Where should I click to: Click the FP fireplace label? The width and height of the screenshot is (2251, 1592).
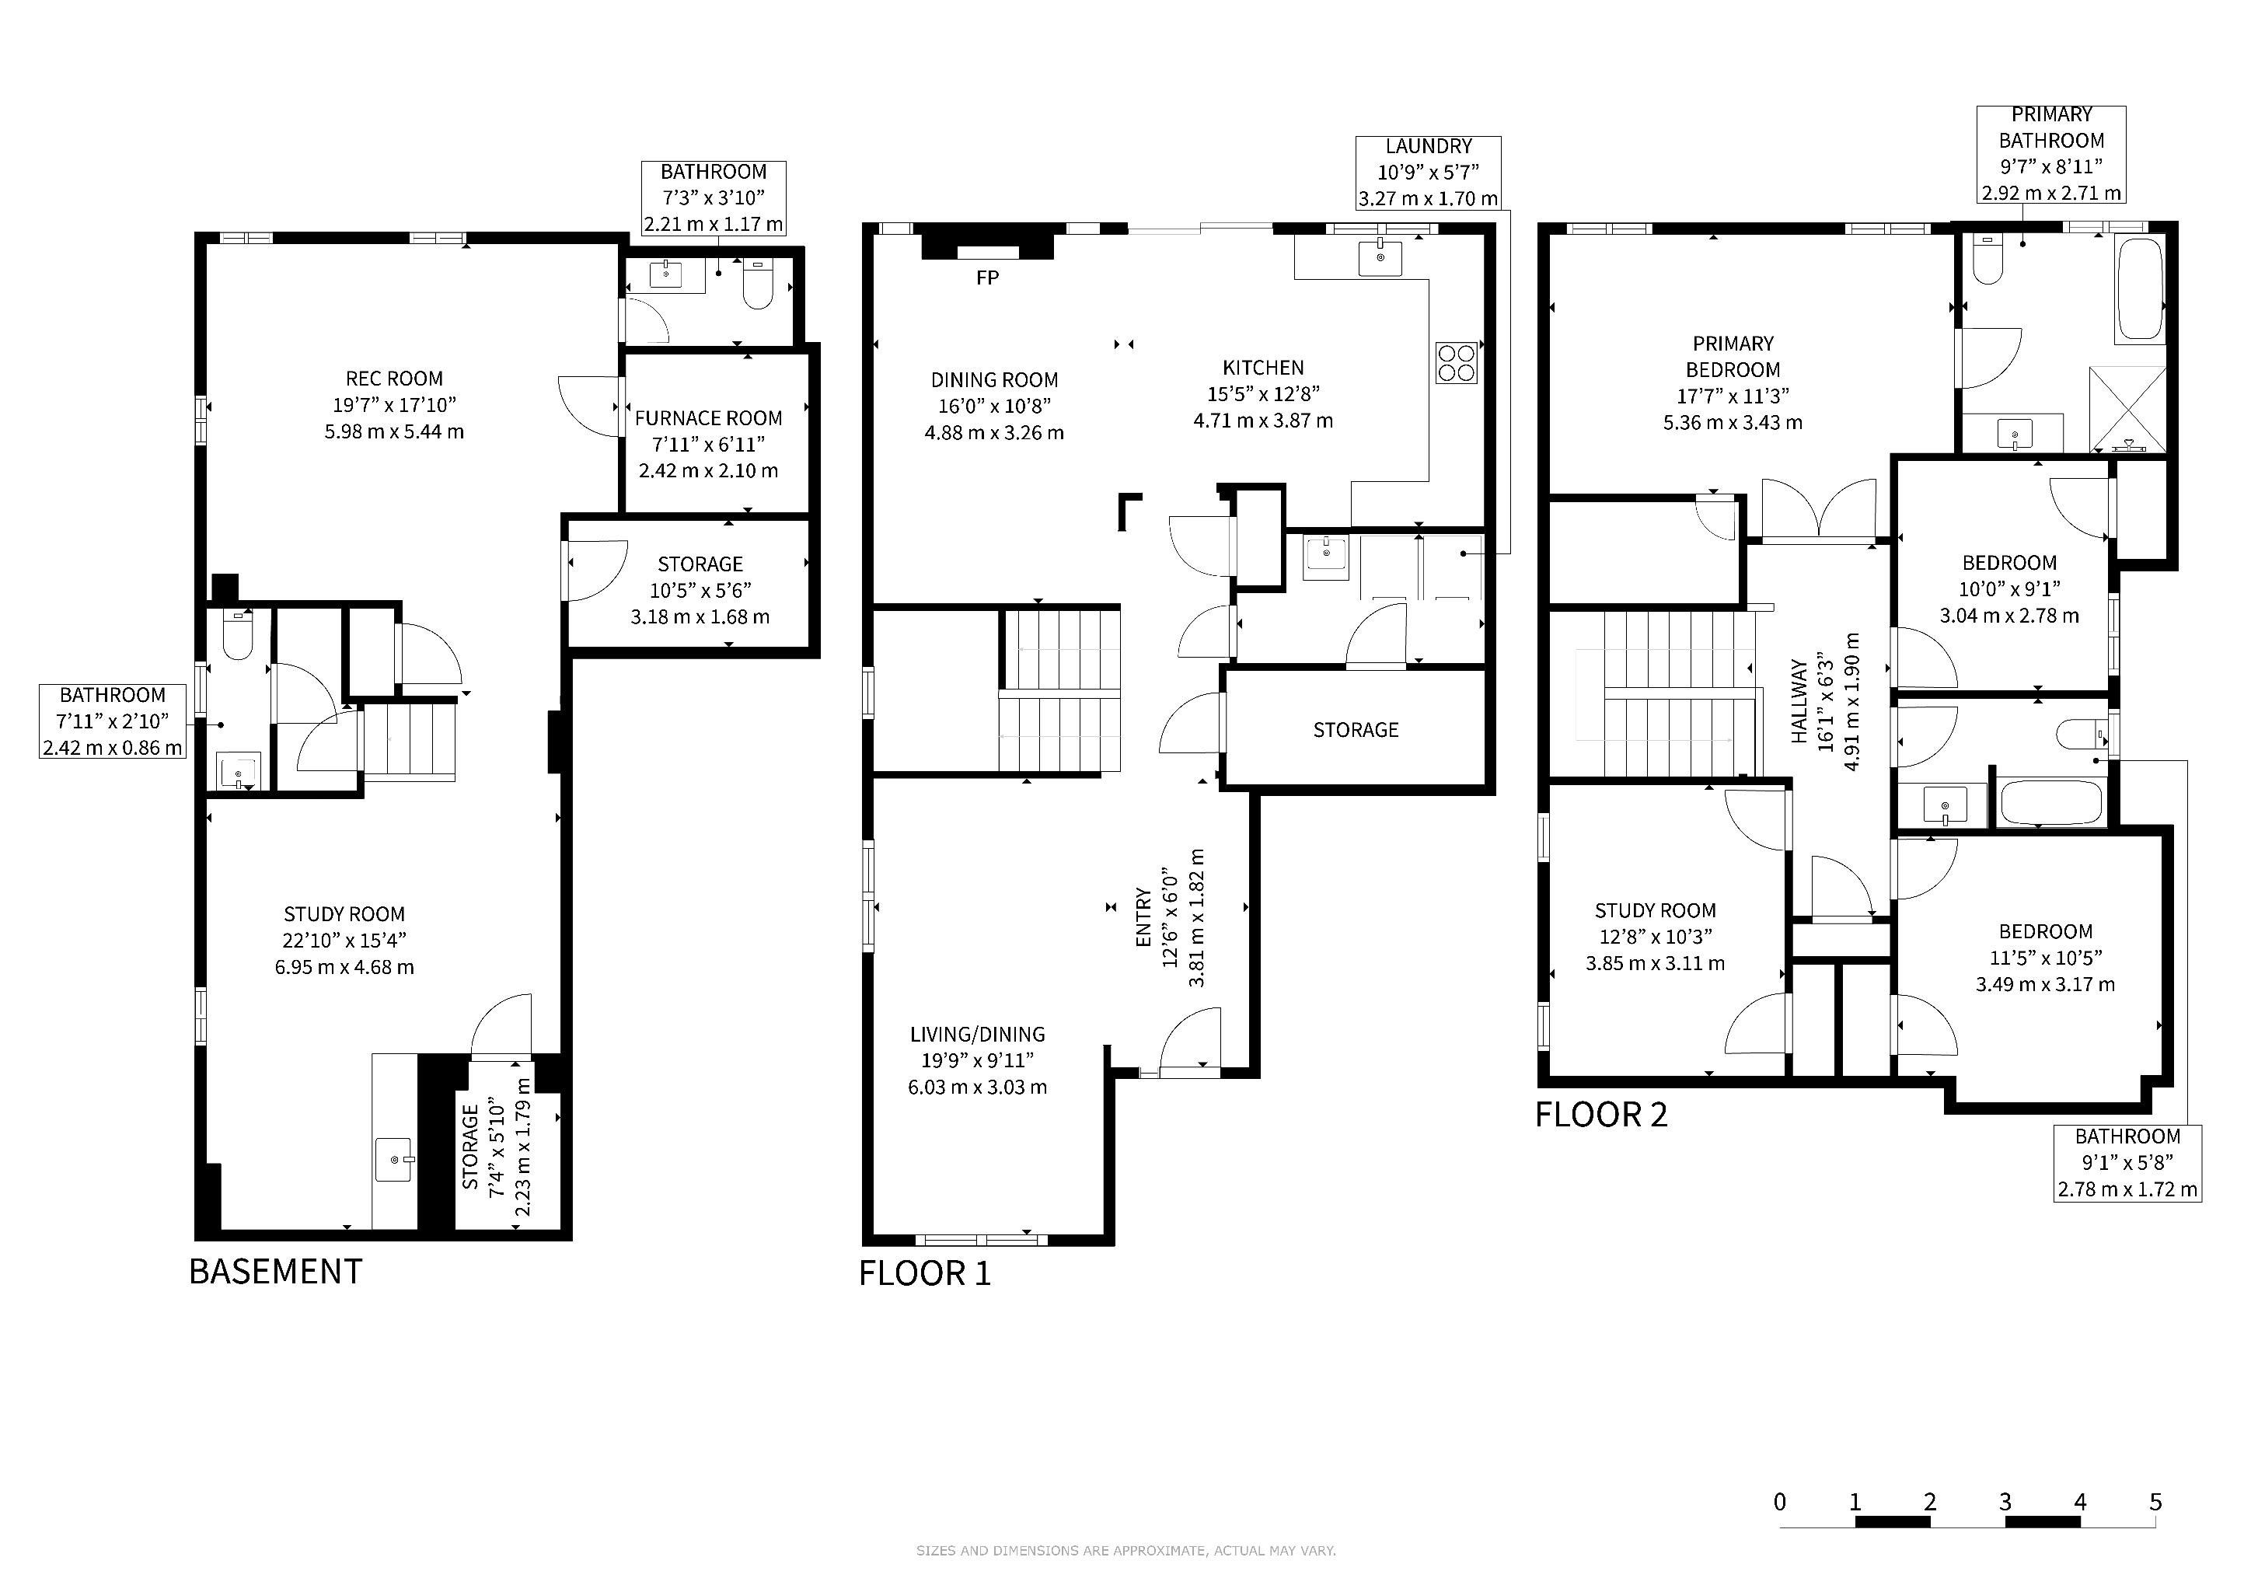[x=987, y=278]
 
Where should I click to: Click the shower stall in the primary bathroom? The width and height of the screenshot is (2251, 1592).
[x=2127, y=409]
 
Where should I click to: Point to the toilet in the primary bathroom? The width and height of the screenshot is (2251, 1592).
[x=1988, y=260]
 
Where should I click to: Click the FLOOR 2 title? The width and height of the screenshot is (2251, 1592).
[x=1601, y=1115]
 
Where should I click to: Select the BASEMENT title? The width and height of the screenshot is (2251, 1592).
[x=275, y=1272]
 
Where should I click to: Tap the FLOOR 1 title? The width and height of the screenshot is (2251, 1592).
[x=924, y=1273]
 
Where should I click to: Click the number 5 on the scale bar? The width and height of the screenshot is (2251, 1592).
[x=2155, y=1502]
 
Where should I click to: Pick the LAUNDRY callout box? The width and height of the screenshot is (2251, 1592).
[x=1429, y=173]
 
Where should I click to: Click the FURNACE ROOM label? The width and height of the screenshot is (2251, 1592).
[x=708, y=418]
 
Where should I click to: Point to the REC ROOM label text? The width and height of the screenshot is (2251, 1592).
[x=394, y=379]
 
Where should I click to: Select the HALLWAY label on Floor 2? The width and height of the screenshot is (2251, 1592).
[x=1799, y=701]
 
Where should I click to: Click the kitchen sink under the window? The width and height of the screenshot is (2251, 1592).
[x=1380, y=258]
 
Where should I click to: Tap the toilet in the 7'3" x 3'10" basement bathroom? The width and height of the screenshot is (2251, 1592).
[x=758, y=283]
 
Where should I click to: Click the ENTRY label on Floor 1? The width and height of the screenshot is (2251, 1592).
[x=1143, y=917]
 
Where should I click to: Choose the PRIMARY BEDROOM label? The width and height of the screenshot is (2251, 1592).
[x=1733, y=357]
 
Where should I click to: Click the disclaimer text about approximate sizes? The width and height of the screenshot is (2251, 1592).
[x=1125, y=1551]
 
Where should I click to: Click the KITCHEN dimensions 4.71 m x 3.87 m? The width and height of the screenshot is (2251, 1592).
[x=1263, y=421]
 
